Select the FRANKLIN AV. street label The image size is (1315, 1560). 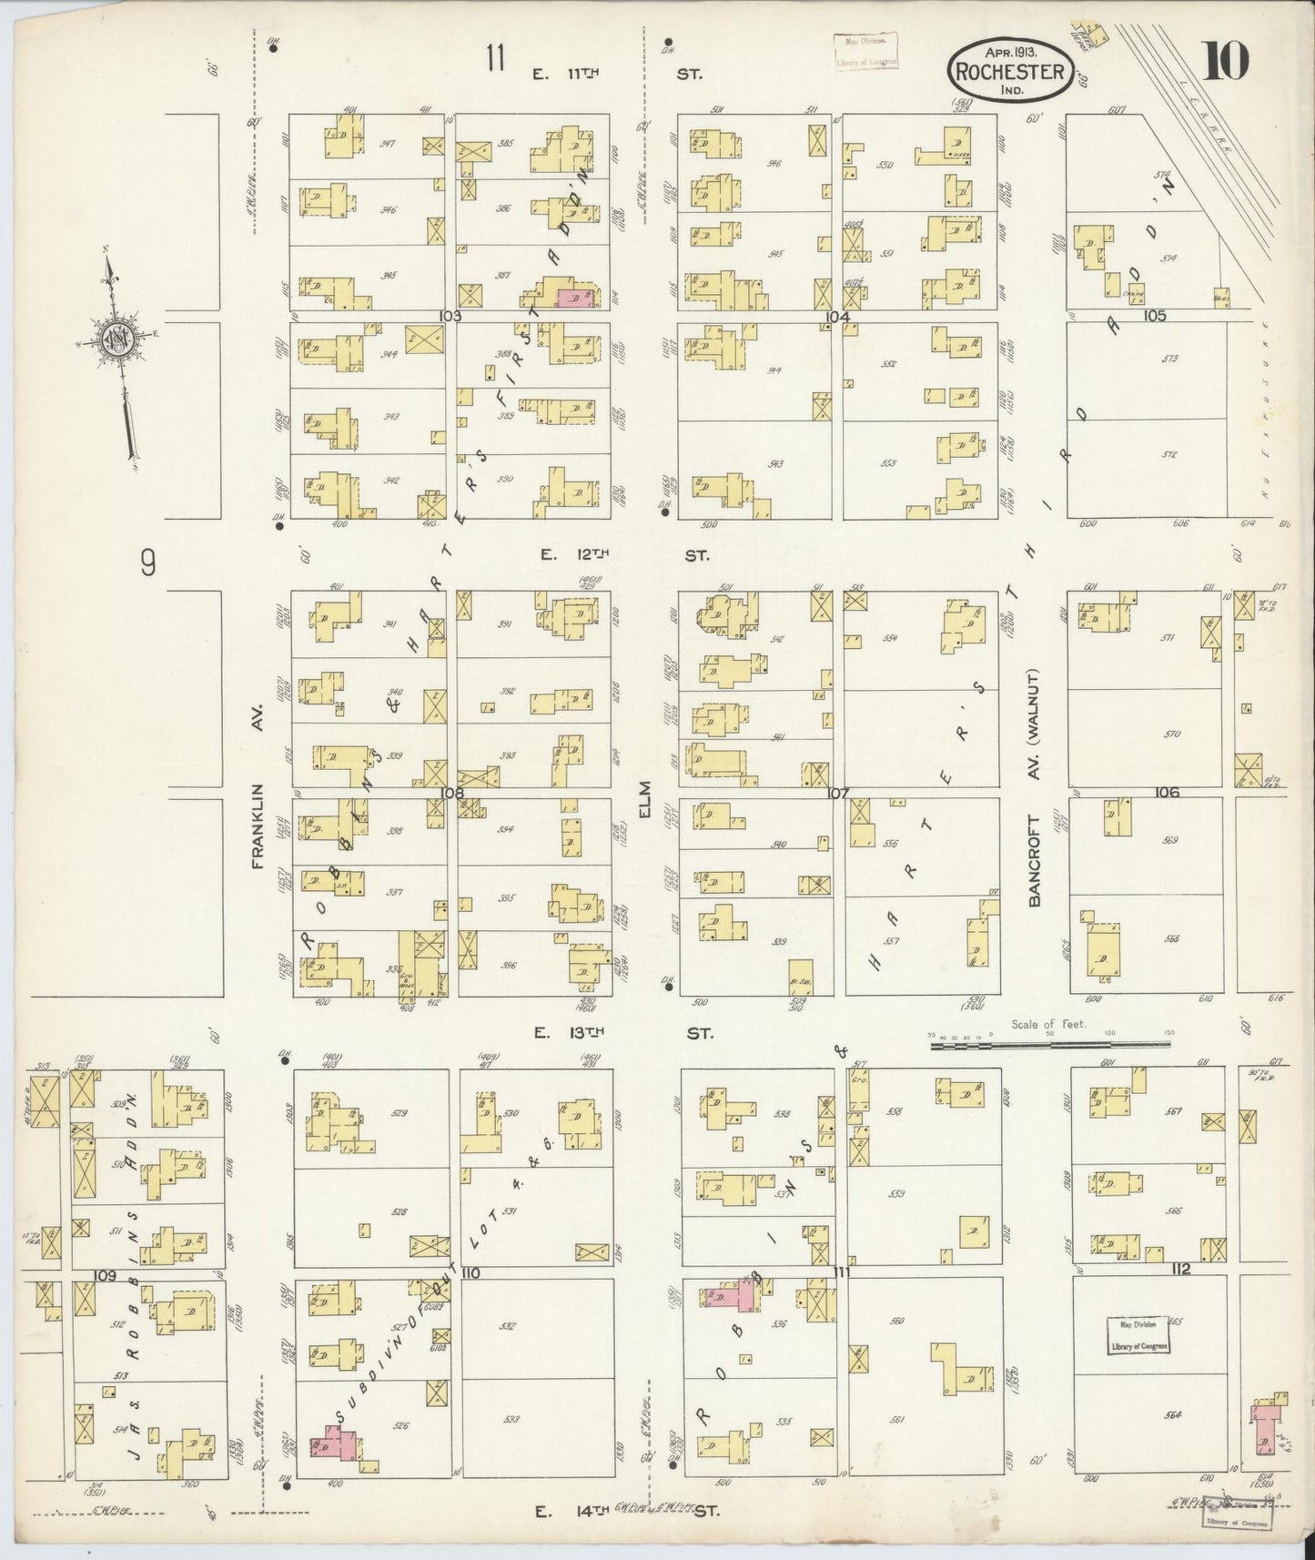click(x=258, y=826)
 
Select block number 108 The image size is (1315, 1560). click(x=452, y=793)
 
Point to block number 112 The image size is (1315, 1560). click(x=1181, y=1269)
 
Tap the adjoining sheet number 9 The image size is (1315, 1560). click(x=147, y=566)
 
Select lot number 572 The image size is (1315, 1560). click(x=1169, y=454)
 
